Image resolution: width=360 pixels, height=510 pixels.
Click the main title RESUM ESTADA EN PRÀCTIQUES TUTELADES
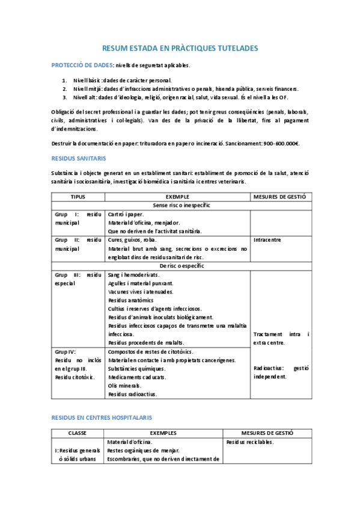click(180, 47)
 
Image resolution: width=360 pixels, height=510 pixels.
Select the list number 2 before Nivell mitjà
click(65, 88)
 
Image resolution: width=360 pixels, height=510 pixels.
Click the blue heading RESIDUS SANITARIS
click(78, 158)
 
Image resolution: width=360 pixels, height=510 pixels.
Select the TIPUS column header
click(78, 197)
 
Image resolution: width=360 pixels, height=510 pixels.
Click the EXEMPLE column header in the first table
click(177, 197)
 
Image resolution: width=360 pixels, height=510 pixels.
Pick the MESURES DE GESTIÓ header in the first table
click(280, 197)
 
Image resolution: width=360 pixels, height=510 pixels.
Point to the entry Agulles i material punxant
click(141, 283)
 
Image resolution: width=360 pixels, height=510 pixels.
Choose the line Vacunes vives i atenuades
click(140, 291)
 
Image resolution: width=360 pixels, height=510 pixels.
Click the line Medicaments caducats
click(136, 377)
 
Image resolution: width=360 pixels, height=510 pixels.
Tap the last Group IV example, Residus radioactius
click(132, 394)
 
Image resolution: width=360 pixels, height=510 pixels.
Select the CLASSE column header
click(78, 432)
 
